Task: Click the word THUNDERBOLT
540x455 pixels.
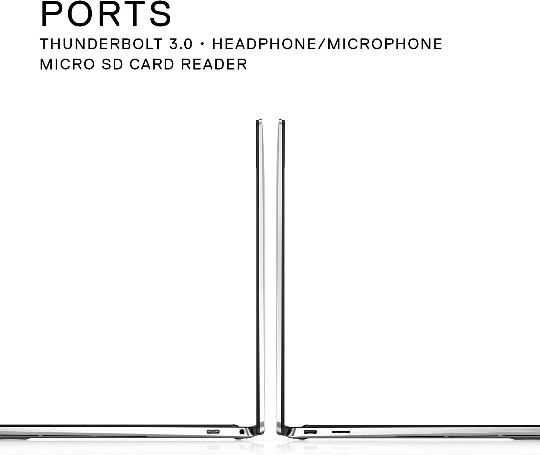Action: (101, 44)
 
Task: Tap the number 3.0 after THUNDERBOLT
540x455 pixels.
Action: (181, 44)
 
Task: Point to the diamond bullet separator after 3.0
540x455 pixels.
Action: (202, 44)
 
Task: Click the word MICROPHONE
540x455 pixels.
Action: (385, 44)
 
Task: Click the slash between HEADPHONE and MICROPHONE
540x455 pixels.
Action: (321, 44)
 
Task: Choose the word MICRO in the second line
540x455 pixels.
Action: (67, 64)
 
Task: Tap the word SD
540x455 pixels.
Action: (112, 64)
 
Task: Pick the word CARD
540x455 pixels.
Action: (152, 64)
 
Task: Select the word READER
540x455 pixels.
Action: (214, 64)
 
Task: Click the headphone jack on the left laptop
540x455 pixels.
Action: (242, 432)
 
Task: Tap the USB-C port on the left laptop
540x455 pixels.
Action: (213, 432)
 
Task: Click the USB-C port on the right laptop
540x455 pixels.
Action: (310, 432)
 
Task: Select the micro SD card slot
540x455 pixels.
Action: (341, 432)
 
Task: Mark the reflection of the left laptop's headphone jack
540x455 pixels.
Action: (242, 447)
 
